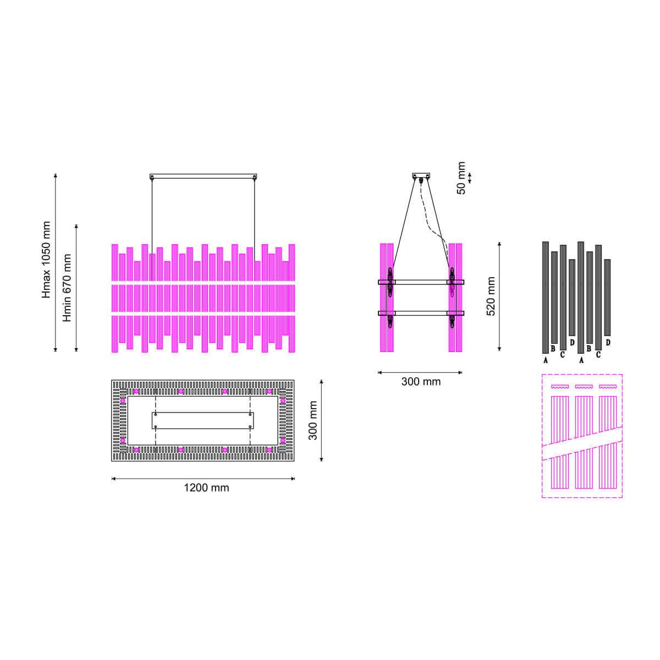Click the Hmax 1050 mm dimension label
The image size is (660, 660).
(46, 259)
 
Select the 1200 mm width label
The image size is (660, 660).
(206, 487)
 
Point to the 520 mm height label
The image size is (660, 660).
(491, 296)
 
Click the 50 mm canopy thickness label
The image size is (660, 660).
(461, 178)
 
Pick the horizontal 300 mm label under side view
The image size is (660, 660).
(421, 381)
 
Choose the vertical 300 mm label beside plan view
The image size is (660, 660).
(312, 420)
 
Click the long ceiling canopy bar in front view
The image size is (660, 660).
(203, 177)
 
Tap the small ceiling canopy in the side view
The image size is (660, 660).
(421, 175)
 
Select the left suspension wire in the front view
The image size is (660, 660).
(152, 229)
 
